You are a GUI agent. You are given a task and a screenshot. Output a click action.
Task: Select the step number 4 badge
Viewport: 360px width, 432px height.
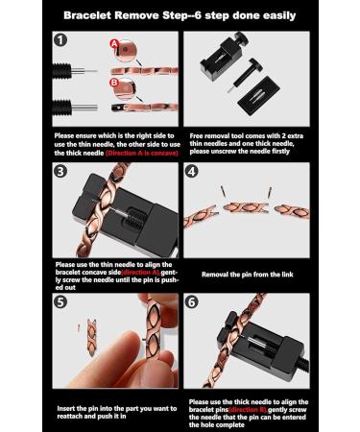192,174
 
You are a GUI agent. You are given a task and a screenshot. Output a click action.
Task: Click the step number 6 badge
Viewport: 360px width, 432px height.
192,303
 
